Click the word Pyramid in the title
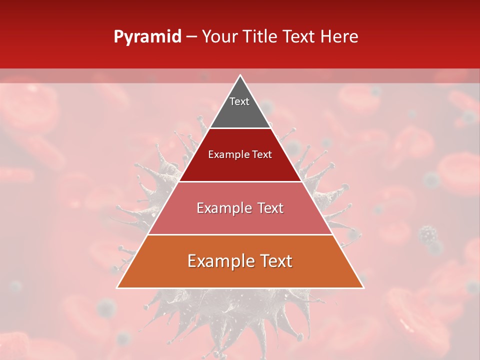(147, 37)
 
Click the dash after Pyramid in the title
(191, 37)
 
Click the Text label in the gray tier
(239, 101)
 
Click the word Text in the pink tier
(270, 208)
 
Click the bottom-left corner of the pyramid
(117, 287)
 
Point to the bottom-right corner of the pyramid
(363, 287)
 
